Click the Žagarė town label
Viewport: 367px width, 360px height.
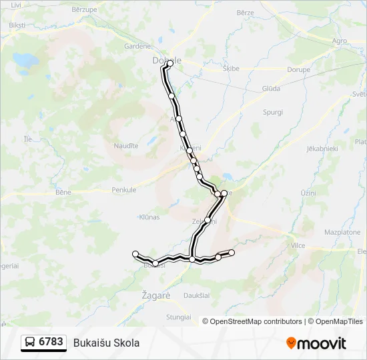(x=157, y=294)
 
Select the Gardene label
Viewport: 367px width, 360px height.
(x=137, y=46)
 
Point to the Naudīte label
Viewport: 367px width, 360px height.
(x=125, y=145)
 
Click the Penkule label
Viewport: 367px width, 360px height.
(x=123, y=190)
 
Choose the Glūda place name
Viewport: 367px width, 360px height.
(x=271, y=88)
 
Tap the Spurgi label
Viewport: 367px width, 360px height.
(x=274, y=112)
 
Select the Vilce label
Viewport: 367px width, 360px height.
(x=298, y=245)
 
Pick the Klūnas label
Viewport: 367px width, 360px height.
(x=149, y=217)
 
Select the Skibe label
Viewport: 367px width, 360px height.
(x=231, y=68)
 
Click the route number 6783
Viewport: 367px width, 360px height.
(x=51, y=342)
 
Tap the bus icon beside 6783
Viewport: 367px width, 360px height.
(x=30, y=343)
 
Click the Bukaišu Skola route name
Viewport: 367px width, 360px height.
(x=106, y=343)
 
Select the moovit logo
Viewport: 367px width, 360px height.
(x=316, y=343)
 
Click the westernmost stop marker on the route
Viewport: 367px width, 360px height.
(x=135, y=253)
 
